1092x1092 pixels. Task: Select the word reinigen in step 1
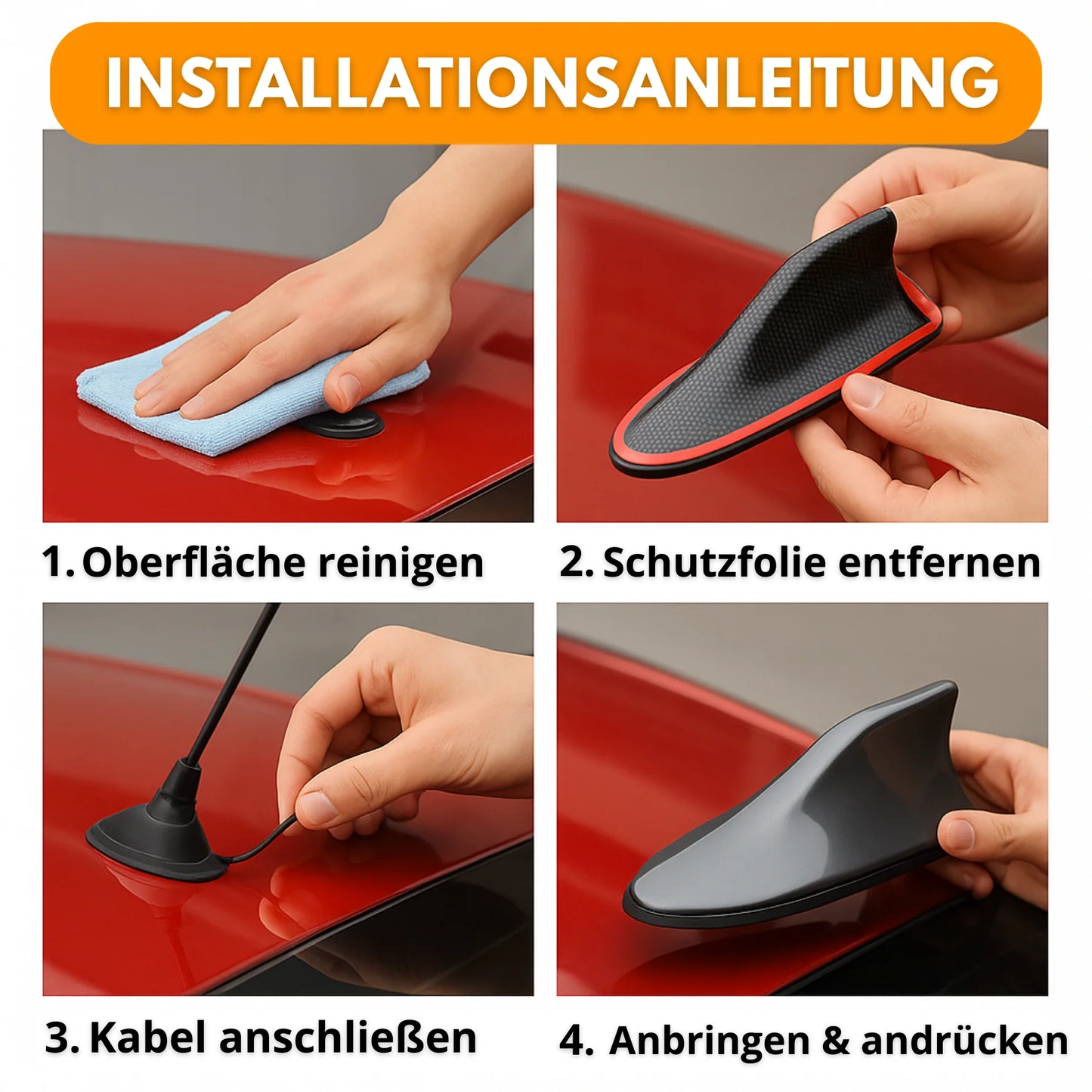tap(401, 564)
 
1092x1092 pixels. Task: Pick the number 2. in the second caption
tap(576, 562)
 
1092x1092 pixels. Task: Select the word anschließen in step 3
tap(348, 1038)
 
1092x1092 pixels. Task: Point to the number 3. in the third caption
tap(62, 1038)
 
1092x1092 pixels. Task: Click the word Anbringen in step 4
tap(709, 1041)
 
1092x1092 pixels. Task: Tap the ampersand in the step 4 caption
tap(834, 1041)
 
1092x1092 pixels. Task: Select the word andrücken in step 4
tap(964, 1041)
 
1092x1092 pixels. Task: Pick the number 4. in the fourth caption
tap(576, 1041)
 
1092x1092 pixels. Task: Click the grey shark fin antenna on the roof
tap(793, 816)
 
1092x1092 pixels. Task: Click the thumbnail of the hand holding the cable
tap(363, 756)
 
